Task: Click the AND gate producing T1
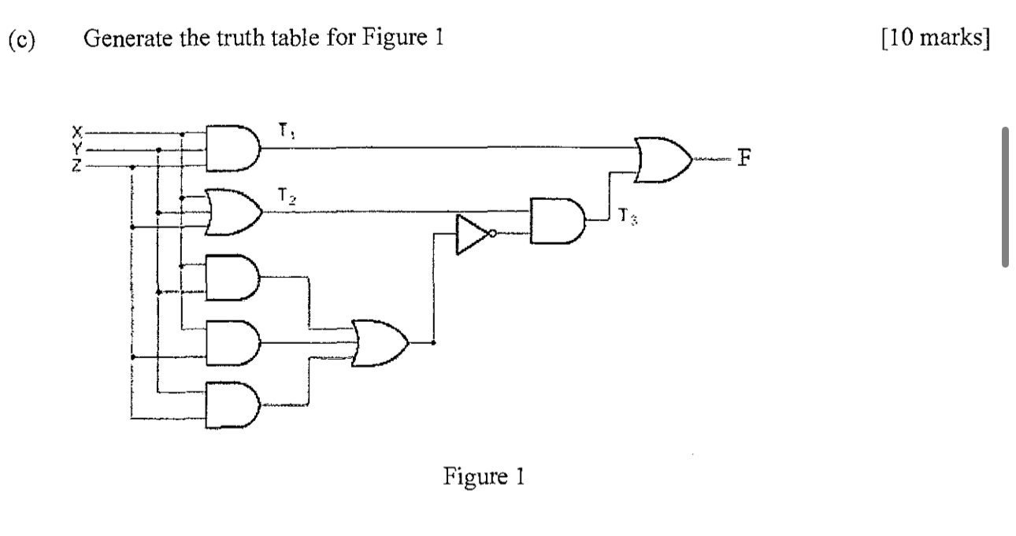tap(231, 148)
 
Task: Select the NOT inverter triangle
tap(471, 234)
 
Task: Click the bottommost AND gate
tap(231, 406)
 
